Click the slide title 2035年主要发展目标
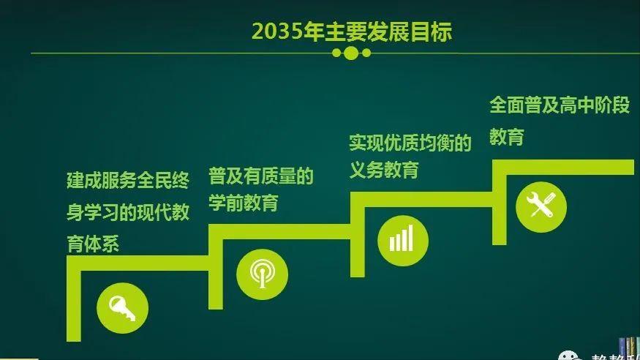(x=351, y=31)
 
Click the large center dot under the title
(x=351, y=53)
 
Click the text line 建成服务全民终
(x=127, y=181)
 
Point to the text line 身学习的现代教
(x=127, y=212)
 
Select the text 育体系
(x=93, y=244)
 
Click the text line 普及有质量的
(x=260, y=176)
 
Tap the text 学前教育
(x=243, y=203)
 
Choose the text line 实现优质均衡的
(x=410, y=142)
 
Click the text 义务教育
(x=383, y=170)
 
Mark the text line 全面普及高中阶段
(x=560, y=105)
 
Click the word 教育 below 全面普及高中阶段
(x=507, y=137)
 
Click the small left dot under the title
(x=336, y=53)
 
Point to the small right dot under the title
(x=366, y=53)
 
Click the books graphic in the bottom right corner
(x=628, y=348)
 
